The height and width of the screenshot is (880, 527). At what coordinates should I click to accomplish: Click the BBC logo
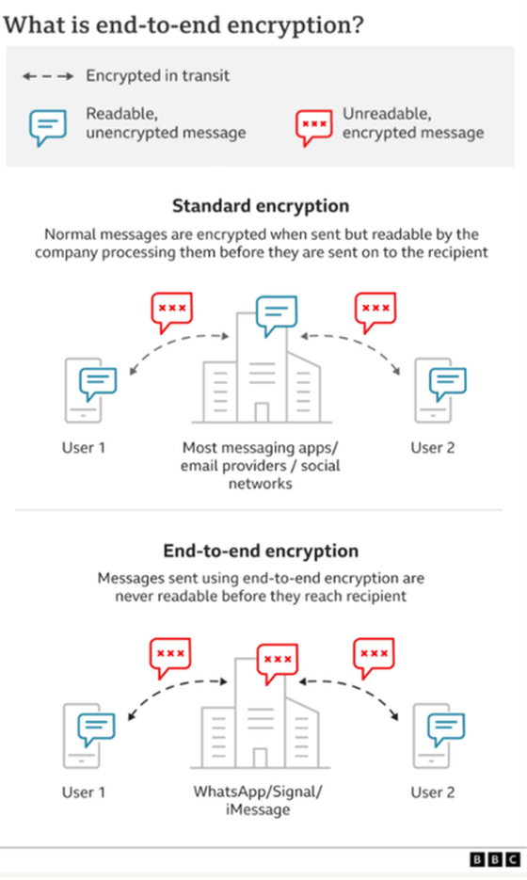(x=495, y=859)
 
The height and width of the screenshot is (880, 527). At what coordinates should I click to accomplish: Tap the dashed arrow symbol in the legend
(x=48, y=76)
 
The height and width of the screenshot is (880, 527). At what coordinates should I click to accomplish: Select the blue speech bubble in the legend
(x=48, y=128)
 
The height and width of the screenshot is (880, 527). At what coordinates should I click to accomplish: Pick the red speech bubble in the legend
(x=313, y=128)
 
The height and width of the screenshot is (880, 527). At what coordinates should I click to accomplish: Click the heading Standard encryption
(x=261, y=206)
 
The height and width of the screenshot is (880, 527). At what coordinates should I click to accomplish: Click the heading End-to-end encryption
(x=261, y=551)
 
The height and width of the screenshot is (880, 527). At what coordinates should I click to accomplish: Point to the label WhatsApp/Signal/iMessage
(x=258, y=800)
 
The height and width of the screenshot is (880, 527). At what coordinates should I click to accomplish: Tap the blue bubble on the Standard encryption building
(x=277, y=316)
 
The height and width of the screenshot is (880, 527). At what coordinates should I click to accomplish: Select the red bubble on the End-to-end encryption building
(x=278, y=664)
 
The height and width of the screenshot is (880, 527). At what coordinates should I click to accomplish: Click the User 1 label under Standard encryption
(x=84, y=448)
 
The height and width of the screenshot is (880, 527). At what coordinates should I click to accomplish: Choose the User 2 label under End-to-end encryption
(x=433, y=792)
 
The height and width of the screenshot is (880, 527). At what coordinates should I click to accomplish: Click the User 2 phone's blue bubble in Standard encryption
(x=448, y=384)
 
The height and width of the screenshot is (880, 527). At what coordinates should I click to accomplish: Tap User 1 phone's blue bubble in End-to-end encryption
(x=97, y=729)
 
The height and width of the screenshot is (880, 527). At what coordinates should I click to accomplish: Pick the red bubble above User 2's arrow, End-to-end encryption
(x=375, y=658)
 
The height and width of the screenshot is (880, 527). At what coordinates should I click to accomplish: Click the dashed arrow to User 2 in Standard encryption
(x=360, y=343)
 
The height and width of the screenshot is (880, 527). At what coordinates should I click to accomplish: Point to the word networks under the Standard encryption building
(x=261, y=484)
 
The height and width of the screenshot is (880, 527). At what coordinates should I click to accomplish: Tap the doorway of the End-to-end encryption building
(x=260, y=758)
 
